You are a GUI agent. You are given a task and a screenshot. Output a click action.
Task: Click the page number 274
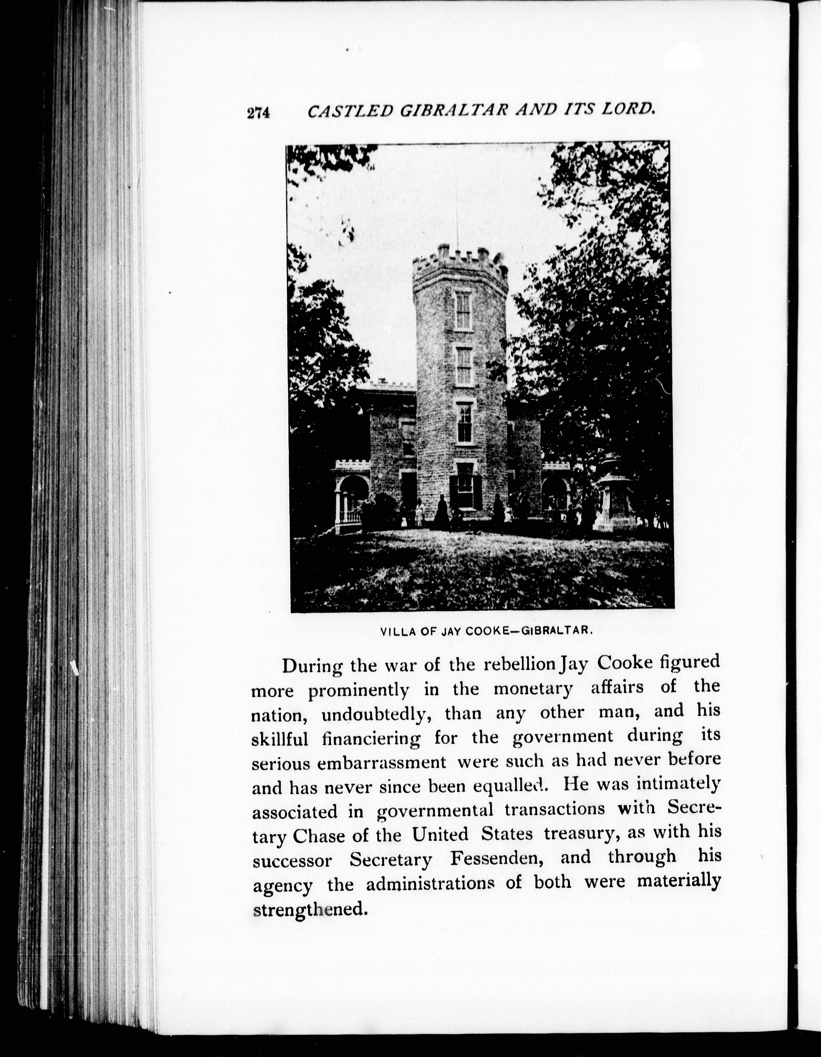click(258, 113)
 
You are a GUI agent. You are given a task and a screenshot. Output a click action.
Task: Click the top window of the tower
click(463, 310)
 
